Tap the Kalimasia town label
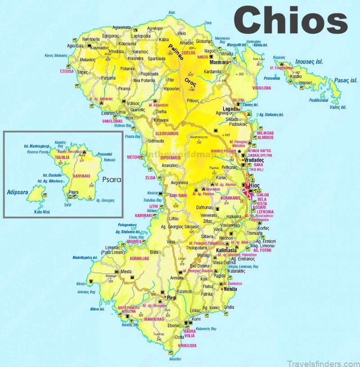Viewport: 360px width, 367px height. tap(227, 250)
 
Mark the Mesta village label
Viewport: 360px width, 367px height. tap(126, 272)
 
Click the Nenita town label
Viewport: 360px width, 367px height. tap(230, 289)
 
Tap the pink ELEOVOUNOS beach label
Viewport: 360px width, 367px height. tap(167, 133)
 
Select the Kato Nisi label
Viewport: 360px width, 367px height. tap(41, 212)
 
